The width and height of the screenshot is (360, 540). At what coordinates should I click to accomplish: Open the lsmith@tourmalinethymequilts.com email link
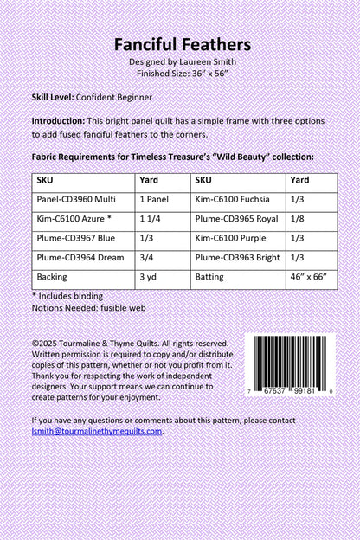(96, 430)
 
